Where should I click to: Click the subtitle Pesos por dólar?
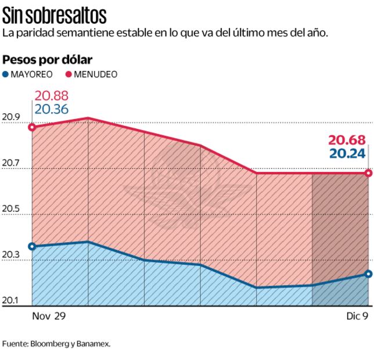(x=48, y=59)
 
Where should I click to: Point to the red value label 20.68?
(x=347, y=140)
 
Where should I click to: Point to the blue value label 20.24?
(x=347, y=153)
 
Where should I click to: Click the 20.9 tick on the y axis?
(x=11, y=117)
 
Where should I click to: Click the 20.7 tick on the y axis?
(x=11, y=163)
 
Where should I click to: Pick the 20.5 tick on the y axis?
(x=11, y=209)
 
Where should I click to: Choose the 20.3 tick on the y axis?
(x=11, y=255)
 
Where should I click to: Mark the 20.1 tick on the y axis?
(x=11, y=300)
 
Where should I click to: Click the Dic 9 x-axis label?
(x=354, y=316)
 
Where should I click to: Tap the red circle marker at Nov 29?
(x=32, y=127)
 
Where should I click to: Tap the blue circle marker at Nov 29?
(x=32, y=246)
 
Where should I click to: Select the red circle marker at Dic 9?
(x=368, y=173)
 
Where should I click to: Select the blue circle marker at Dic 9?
(x=368, y=274)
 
